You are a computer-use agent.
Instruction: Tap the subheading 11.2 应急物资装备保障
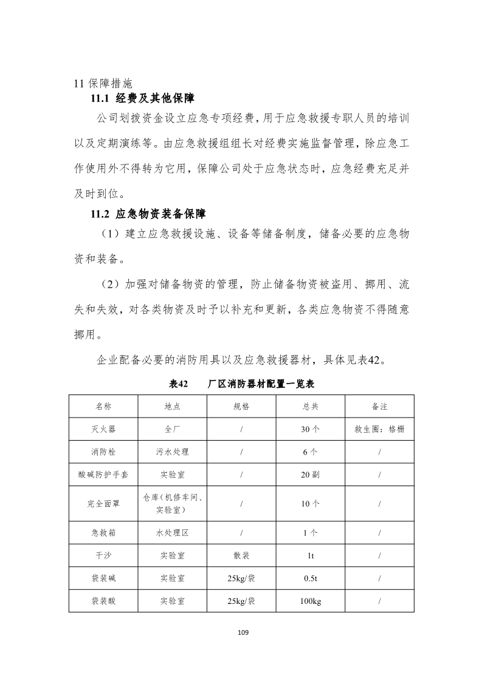coord(148,214)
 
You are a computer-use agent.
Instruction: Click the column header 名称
coord(103,406)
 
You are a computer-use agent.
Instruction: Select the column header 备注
coord(379,406)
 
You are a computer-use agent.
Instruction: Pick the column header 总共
coord(310,406)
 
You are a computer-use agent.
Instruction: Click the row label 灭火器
coord(103,429)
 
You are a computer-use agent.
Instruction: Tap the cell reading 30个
coord(310,429)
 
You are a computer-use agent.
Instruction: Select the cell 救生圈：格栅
coord(379,429)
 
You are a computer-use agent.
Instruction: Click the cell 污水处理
coord(173,452)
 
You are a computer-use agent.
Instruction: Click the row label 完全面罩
coord(103,504)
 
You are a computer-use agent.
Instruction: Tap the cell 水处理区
coord(173,533)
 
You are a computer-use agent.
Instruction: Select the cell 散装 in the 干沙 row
coord(241,555)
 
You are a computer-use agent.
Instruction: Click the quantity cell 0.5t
coord(310,578)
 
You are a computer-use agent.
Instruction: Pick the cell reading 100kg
coord(310,601)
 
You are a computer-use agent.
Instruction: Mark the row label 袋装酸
coord(103,601)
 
